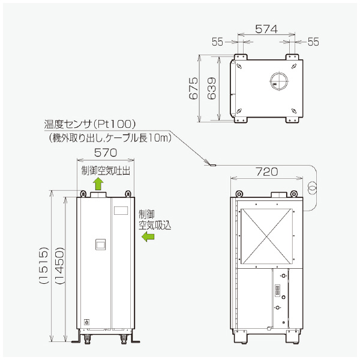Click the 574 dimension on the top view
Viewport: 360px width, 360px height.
point(266,28)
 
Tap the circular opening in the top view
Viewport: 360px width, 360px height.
point(279,80)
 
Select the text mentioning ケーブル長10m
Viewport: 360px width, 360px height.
point(110,138)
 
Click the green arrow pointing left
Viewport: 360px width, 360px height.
point(148,238)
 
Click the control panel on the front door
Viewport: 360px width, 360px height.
point(101,245)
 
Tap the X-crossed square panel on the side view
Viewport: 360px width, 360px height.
point(265,236)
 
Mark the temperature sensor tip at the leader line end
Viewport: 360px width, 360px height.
point(211,163)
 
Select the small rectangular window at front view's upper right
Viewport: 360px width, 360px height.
point(121,211)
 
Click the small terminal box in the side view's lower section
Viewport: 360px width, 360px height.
point(279,293)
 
